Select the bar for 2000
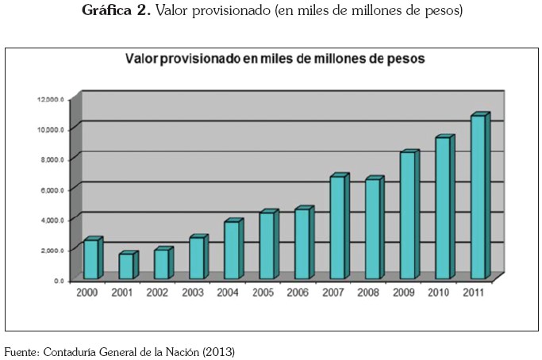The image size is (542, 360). pos(91,259)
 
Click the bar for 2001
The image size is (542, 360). pos(126,266)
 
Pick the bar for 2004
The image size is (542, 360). pos(231,250)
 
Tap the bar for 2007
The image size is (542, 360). pos(337,227)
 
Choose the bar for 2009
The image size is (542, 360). pos(406,215)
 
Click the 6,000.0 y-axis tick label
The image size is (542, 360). pos(51,190)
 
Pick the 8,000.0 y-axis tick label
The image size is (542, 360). pos(51,159)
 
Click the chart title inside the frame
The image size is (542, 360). pos(273,59)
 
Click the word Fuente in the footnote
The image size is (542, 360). pos(21,350)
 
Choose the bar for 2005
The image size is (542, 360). pos(267,246)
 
